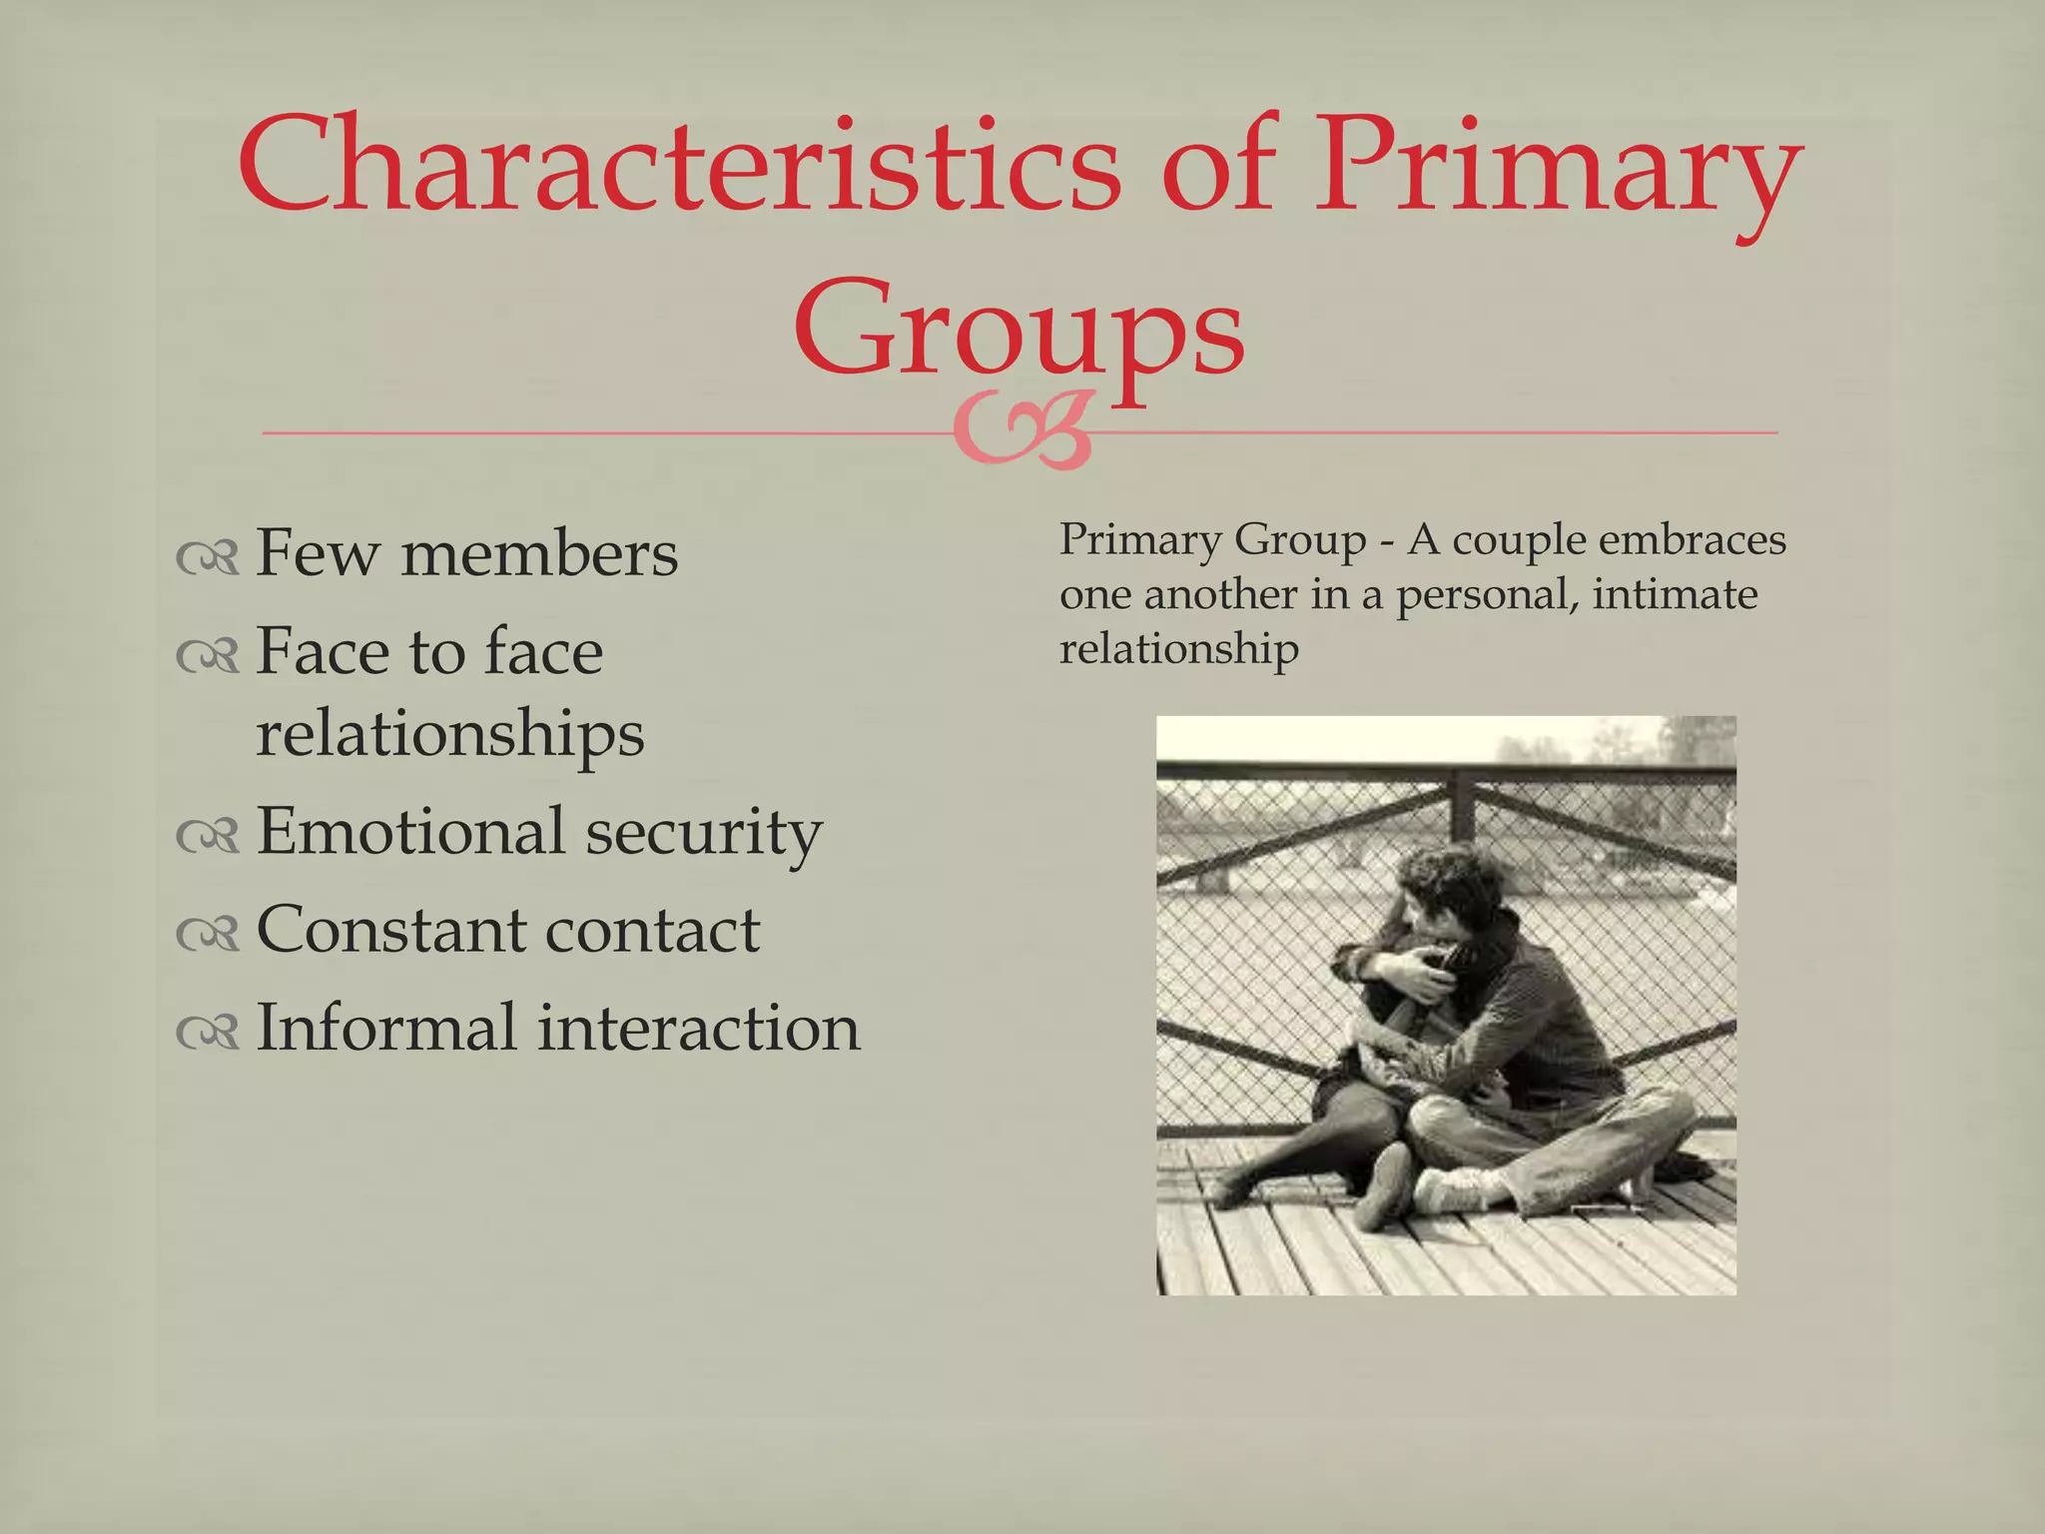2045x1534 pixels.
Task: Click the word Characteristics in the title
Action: click(679, 166)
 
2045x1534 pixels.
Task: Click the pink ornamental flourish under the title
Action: click(1021, 431)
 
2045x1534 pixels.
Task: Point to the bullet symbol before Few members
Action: click(208, 559)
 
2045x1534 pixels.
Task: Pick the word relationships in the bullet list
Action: click(449, 734)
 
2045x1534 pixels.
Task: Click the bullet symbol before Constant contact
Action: click(208, 935)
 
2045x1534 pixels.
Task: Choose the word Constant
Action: click(388, 930)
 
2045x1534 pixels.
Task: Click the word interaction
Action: click(699, 1028)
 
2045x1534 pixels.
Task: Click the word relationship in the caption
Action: click(1178, 650)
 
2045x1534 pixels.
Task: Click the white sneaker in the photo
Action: click(1458, 1188)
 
